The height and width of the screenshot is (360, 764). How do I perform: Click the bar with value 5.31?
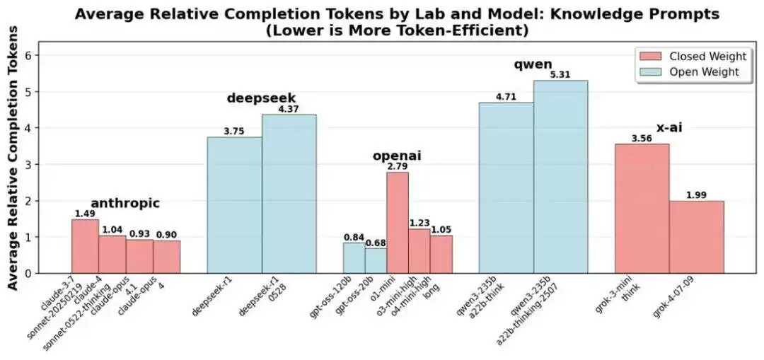[x=560, y=177]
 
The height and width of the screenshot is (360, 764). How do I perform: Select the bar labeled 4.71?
[x=506, y=187]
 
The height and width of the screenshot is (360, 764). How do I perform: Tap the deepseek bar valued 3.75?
[x=234, y=205]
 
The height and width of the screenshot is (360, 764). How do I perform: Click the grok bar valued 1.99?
[x=697, y=237]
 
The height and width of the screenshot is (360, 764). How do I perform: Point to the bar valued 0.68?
[x=376, y=260]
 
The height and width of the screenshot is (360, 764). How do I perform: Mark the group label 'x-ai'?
[x=669, y=128]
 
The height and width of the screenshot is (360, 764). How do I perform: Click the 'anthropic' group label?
[x=125, y=204]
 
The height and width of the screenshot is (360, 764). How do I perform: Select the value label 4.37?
[x=289, y=109]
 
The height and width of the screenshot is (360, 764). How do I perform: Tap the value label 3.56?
[x=642, y=139]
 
